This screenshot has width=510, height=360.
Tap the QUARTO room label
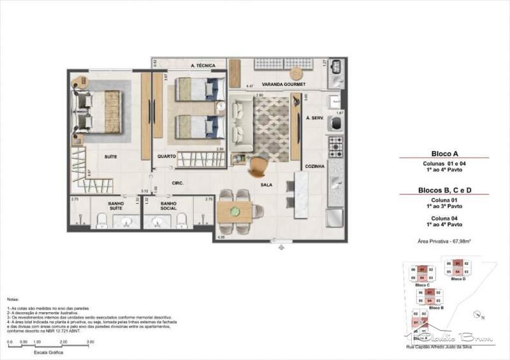[167, 155]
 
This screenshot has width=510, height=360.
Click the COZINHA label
[315, 166]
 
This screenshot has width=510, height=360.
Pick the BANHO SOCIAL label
[169, 206]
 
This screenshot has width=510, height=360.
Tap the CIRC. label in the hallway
[178, 184]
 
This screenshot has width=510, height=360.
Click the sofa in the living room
[238, 119]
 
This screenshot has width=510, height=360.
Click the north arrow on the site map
[478, 313]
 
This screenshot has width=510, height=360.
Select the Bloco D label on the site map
[458, 278]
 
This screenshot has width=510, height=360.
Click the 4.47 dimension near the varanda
[251, 85]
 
